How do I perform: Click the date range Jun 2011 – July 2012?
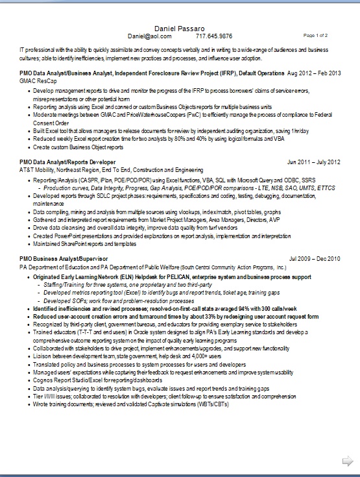313,161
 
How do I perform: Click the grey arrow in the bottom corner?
347,461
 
